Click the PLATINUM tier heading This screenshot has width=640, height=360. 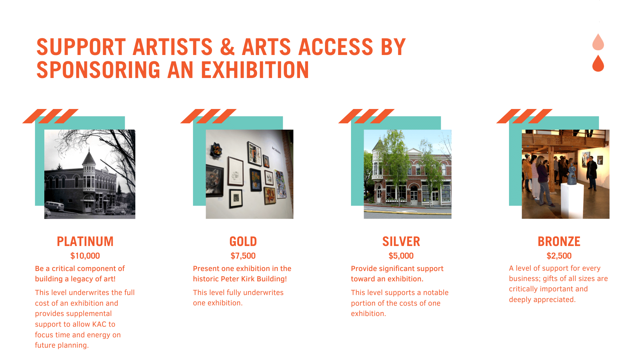[85, 241]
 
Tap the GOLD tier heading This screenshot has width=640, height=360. [243, 241]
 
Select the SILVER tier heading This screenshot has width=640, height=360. [401, 241]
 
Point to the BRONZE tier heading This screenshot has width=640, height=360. [559, 241]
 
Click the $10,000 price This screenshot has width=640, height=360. [85, 256]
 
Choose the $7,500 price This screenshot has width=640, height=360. [243, 256]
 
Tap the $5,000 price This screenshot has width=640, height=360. [401, 256]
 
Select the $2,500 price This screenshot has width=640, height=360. [559, 256]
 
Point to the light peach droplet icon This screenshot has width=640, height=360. [598, 42]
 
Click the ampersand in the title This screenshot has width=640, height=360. [227, 47]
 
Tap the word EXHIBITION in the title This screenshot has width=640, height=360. [255, 70]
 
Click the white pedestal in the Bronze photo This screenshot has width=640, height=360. [572, 200]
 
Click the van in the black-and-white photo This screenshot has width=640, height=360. [54, 206]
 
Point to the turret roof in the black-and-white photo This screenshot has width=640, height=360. [89, 156]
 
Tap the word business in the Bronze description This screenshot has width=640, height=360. [524, 279]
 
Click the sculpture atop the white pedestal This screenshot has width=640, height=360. [572, 173]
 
